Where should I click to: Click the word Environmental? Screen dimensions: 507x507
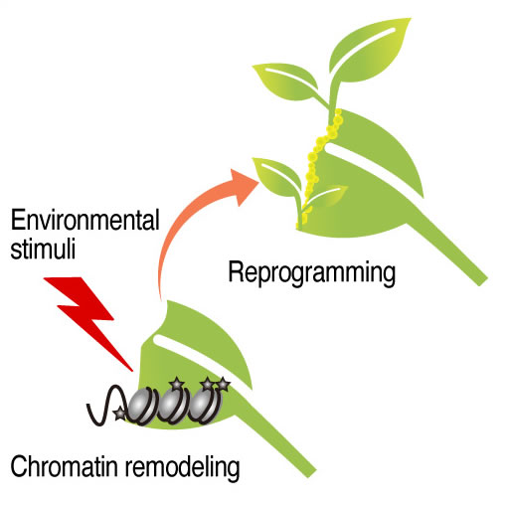(x=85, y=220)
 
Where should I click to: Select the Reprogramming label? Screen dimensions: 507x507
(x=312, y=273)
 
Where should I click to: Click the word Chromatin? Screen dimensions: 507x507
(x=65, y=466)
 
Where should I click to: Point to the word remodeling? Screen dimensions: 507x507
(x=182, y=467)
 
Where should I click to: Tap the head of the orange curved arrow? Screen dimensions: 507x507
(x=244, y=187)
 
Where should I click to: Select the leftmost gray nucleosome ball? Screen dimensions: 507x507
(x=141, y=405)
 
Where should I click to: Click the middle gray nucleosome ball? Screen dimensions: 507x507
(x=171, y=405)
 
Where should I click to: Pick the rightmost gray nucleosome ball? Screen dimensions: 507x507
(x=203, y=405)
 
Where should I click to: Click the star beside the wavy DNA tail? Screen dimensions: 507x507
(x=119, y=414)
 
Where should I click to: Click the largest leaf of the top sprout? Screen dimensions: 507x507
(x=370, y=50)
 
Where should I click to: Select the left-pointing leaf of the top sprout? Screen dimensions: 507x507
(x=287, y=83)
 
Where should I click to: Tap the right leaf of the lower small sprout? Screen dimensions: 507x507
(x=326, y=196)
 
